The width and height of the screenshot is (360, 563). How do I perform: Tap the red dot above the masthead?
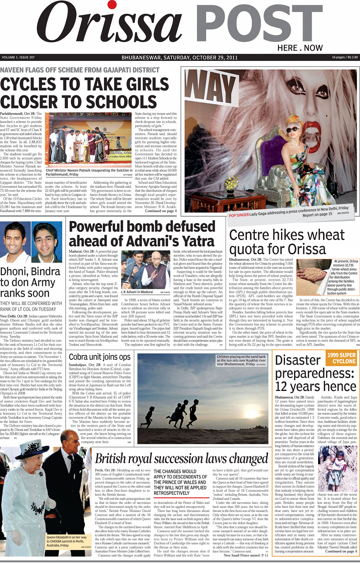112,5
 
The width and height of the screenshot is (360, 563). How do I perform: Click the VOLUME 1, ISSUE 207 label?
18,57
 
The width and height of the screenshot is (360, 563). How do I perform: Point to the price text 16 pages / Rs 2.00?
345,57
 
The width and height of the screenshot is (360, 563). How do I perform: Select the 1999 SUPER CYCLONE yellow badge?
341,358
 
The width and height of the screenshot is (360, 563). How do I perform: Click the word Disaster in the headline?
298,360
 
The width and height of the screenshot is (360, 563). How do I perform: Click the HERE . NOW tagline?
300,48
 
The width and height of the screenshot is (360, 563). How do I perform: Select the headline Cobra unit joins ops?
100,357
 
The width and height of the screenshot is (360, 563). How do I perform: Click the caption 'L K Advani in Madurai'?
137,292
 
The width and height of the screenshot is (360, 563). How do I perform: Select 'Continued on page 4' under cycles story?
161,211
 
